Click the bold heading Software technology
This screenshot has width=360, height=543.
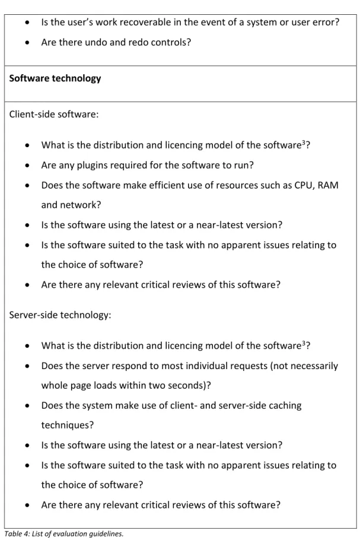(x=55, y=78)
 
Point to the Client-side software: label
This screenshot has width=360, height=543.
(x=53, y=115)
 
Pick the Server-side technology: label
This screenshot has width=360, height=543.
(x=60, y=315)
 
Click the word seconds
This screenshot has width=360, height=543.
(x=187, y=385)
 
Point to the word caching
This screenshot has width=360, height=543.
(x=285, y=405)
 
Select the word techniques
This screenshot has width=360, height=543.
(x=67, y=425)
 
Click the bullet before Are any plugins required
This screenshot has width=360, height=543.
(x=27, y=166)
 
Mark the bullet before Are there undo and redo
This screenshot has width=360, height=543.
(x=27, y=43)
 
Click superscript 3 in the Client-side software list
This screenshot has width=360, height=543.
(x=304, y=142)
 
